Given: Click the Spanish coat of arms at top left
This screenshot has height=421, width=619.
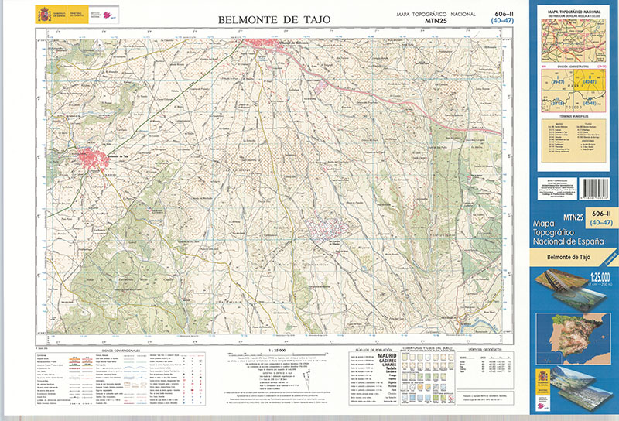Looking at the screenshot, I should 43,15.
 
